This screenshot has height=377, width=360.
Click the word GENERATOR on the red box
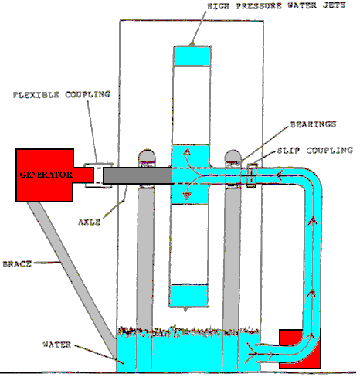pos(46,175)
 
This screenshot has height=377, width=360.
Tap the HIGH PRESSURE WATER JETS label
pos(277,6)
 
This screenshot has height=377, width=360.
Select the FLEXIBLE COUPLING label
pos(62,94)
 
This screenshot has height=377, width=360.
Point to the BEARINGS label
pos(313,124)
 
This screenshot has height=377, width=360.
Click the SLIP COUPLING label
pos(315,150)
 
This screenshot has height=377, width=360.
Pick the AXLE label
pos(89,222)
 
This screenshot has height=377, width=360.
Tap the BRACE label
pos(17,264)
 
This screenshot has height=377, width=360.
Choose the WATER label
pos(56,345)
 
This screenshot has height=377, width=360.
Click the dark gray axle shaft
pos(138,175)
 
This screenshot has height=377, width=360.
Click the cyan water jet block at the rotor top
pos(192,56)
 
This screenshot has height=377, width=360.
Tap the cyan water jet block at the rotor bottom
pos(188,296)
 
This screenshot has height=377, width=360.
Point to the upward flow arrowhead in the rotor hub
pos(187,151)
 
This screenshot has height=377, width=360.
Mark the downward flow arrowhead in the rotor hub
pos(187,197)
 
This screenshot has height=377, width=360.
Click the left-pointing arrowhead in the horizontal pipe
pos(280,175)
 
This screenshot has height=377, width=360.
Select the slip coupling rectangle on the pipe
pos(252,175)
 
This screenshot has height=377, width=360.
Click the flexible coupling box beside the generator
pos(98,175)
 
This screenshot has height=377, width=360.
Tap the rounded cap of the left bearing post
pos(147,155)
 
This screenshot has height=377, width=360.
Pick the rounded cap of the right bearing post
pos(233,155)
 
